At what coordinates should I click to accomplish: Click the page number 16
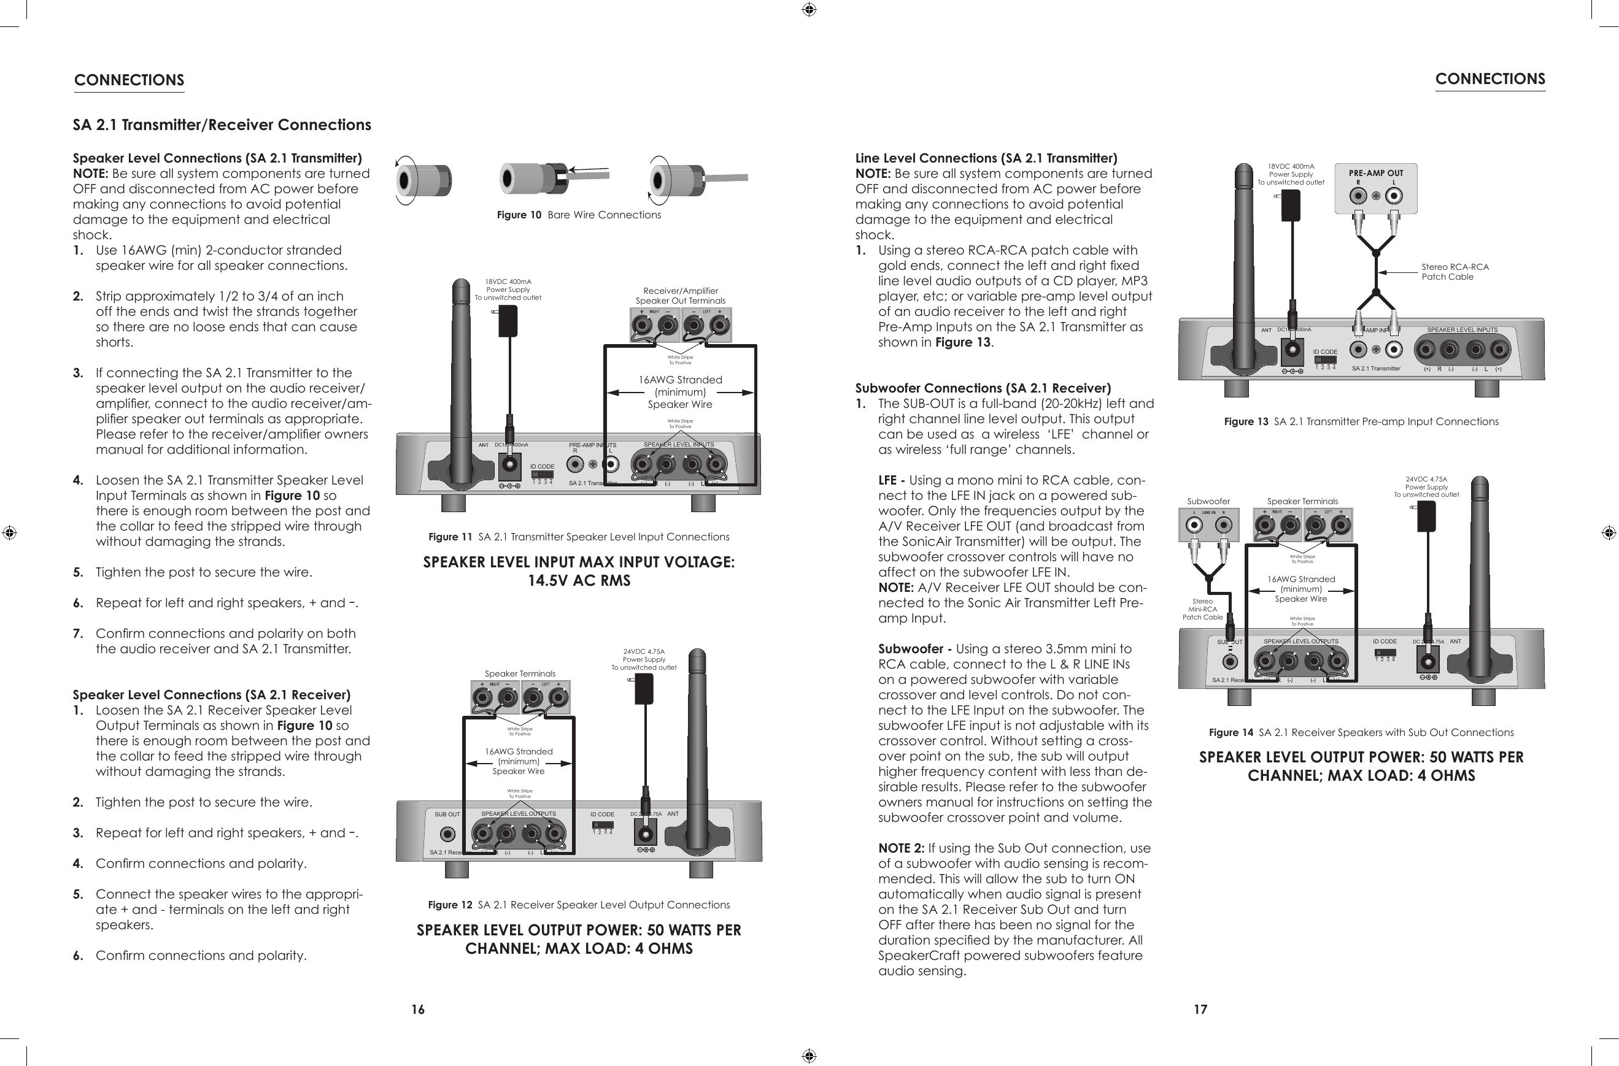pyautogui.click(x=418, y=1010)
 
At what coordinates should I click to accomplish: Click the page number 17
pyautogui.click(x=1200, y=1010)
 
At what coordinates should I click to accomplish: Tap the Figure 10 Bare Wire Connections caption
pyautogui.click(x=578, y=215)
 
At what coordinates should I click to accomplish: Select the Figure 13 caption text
pyautogui.click(x=1361, y=421)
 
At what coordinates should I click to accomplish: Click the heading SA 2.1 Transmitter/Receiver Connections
pyautogui.click(x=222, y=125)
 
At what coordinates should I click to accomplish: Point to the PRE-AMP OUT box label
pyautogui.click(x=1375, y=174)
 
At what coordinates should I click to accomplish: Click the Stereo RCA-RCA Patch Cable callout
pyautogui.click(x=1455, y=272)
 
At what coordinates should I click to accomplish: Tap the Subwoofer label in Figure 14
pyautogui.click(x=1208, y=501)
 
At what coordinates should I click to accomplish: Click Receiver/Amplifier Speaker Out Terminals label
pyautogui.click(x=680, y=296)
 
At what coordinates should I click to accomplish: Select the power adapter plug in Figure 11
pyautogui.click(x=508, y=321)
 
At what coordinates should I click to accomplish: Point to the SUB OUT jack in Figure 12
pyautogui.click(x=447, y=834)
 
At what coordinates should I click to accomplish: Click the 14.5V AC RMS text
pyautogui.click(x=579, y=581)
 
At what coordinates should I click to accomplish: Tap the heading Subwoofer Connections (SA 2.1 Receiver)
pyautogui.click(x=983, y=388)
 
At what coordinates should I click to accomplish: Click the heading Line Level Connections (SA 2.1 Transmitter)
pyautogui.click(x=986, y=158)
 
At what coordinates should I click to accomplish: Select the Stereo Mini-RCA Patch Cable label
pyautogui.click(x=1202, y=609)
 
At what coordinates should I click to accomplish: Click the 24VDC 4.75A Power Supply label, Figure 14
pyautogui.click(x=1426, y=487)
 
